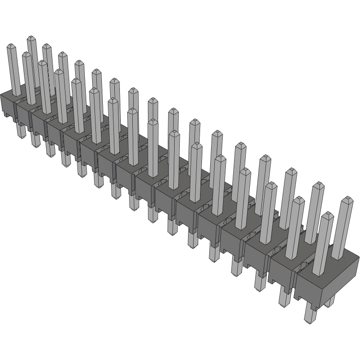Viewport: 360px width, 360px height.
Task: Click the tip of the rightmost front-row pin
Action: click(327, 215)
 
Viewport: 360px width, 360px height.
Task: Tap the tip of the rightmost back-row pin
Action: click(348, 200)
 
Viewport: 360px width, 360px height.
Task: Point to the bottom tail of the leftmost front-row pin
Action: click(21, 131)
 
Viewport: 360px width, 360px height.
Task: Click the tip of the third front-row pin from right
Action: click(271, 185)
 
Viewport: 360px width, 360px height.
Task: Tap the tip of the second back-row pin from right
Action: click(318, 186)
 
